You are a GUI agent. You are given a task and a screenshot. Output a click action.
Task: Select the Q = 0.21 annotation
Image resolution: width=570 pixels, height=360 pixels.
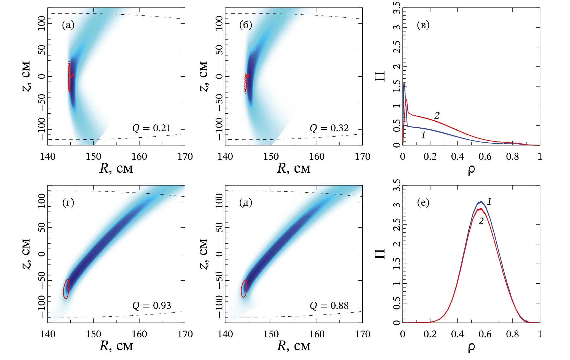[x=152, y=128]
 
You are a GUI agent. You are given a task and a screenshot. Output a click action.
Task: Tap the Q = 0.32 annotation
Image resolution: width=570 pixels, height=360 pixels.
[x=329, y=128]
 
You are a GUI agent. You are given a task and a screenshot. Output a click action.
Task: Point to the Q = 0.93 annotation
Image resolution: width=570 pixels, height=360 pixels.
[x=152, y=305]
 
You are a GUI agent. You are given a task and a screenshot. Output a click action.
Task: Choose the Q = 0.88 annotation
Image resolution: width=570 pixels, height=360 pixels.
[x=329, y=305]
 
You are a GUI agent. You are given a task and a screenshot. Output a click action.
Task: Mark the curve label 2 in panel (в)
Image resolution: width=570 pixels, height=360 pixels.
[x=437, y=115]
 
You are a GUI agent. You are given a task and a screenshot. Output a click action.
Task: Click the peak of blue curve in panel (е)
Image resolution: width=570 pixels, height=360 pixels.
[x=481, y=202]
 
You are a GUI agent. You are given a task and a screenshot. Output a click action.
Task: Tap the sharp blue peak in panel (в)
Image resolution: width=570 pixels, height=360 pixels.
[x=404, y=83]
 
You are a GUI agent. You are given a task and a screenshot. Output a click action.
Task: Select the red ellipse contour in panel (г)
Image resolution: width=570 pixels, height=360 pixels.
[x=66, y=289]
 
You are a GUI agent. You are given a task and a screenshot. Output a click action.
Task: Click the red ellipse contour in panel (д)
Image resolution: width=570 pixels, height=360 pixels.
[x=244, y=288]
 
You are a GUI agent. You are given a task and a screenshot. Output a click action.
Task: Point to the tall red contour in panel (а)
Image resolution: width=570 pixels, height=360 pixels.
[x=69, y=77]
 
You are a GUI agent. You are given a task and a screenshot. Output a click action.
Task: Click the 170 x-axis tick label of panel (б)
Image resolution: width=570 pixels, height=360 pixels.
[x=362, y=157]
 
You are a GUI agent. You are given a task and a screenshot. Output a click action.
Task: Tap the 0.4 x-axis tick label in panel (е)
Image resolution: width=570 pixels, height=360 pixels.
[x=457, y=334]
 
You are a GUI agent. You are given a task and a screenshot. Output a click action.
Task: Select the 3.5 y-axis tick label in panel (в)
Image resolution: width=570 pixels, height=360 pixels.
[x=398, y=8]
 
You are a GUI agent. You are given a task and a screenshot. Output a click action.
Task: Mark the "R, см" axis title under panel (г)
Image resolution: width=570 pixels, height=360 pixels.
[x=116, y=346]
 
